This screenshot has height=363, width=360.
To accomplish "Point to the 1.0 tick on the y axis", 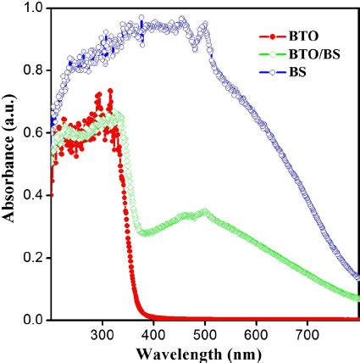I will [x=33, y=8].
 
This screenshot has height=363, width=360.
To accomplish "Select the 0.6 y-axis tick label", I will [x=33, y=133].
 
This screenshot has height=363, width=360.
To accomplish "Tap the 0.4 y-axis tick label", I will [x=33, y=195].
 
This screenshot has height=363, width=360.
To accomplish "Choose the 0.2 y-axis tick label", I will [x=33, y=258].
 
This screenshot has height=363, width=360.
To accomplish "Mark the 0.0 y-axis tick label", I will [x=33, y=320].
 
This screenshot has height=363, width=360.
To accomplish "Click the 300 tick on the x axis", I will [x=102, y=332].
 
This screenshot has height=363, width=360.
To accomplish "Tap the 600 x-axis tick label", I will [x=257, y=332].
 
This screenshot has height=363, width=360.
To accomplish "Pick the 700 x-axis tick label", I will [x=307, y=332].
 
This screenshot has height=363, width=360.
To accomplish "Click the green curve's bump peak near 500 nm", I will [x=204, y=211].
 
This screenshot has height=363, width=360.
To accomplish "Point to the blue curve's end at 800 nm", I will [x=357, y=276].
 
